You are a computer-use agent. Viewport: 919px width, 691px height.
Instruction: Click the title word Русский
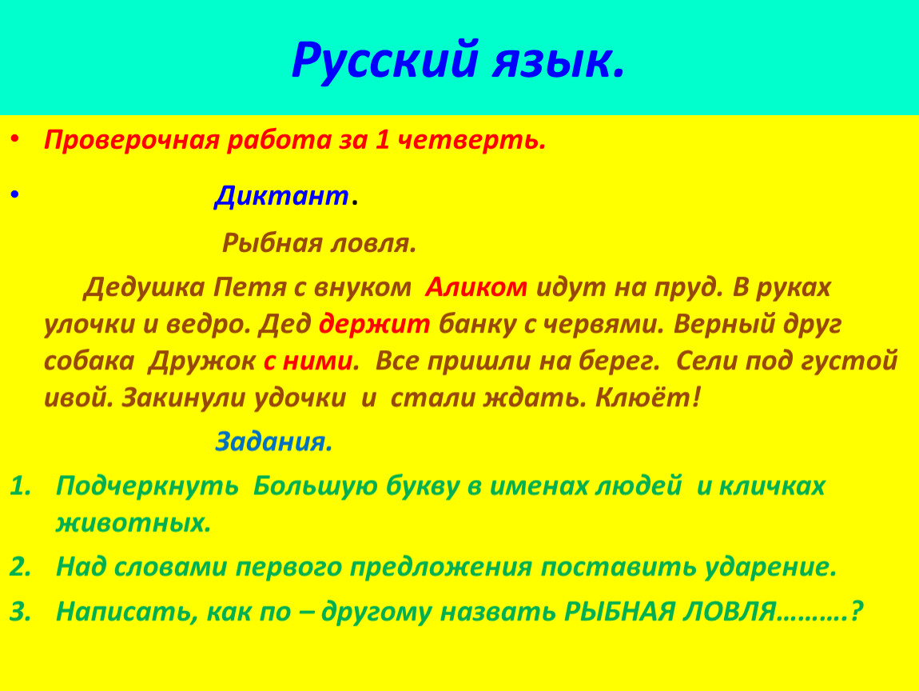[384, 61]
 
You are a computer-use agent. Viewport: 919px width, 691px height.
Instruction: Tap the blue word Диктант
[282, 196]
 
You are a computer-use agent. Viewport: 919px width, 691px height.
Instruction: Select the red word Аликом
[476, 287]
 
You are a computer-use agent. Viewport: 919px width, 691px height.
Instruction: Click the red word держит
[375, 325]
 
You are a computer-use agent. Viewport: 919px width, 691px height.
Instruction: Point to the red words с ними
[308, 361]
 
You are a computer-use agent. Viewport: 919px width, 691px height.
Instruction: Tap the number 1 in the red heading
[381, 140]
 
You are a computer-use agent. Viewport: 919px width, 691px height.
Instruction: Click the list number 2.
[21, 567]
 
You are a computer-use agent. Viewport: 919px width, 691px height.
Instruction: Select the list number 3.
[21, 611]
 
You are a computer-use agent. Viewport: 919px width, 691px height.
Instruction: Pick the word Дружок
[201, 361]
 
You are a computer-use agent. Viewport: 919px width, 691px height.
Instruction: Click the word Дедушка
[144, 288]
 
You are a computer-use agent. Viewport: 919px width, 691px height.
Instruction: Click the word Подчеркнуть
[147, 486]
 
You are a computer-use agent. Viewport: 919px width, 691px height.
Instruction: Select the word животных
[132, 523]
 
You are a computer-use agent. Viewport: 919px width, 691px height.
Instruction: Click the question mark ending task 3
[857, 611]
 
